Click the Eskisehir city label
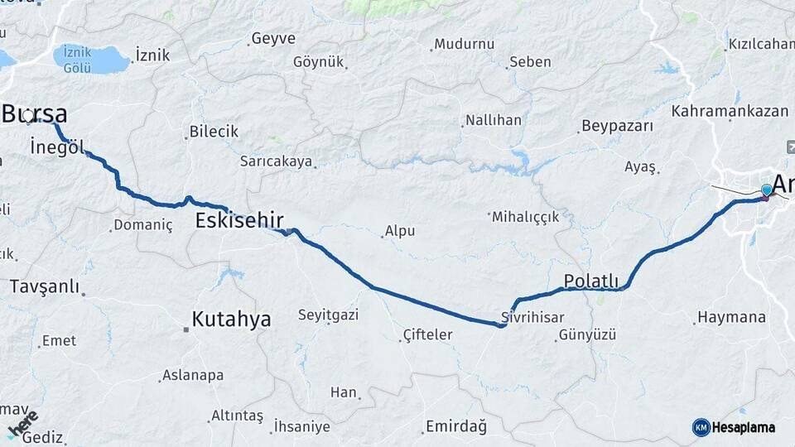(239, 220)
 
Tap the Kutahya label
(231, 319)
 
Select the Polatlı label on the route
(591, 281)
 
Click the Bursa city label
(35, 113)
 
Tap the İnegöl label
(56, 147)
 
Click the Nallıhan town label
(494, 120)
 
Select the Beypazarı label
(617, 126)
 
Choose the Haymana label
(731, 317)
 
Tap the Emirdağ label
(455, 426)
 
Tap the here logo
(22, 424)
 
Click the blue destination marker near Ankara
(766, 191)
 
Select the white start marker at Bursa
(29, 117)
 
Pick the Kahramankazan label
(730, 110)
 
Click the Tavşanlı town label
(45, 286)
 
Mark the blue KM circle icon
(701, 427)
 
